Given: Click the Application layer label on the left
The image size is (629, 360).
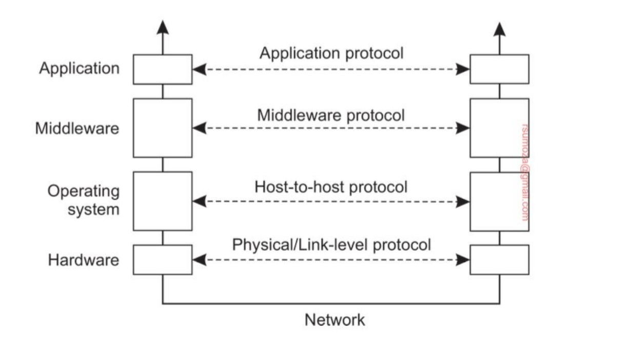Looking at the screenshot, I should (79, 69).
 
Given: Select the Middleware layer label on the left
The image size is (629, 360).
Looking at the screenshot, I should (77, 128).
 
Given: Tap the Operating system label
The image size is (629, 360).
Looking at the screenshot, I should (84, 201).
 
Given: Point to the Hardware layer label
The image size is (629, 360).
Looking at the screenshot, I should (83, 260).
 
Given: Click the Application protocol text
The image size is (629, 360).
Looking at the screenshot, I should (331, 53).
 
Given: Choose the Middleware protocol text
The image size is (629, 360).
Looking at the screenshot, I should (331, 115).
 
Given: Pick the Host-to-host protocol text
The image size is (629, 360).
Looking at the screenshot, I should (331, 187).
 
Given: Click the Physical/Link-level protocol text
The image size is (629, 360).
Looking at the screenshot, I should (331, 245).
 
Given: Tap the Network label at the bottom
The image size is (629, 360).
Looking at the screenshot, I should (335, 320).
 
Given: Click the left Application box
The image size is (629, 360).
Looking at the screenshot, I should (163, 69).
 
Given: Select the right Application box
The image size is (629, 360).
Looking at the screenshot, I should (499, 69).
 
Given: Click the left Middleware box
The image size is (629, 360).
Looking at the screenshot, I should (163, 128).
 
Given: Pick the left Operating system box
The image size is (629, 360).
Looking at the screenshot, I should (163, 201).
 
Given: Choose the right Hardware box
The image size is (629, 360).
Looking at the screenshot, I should (499, 259).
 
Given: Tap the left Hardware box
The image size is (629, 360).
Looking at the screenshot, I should (163, 259).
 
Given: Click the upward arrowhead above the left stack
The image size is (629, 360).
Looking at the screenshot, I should (163, 28).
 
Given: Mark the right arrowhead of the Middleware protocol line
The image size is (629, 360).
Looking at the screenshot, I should (463, 128).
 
